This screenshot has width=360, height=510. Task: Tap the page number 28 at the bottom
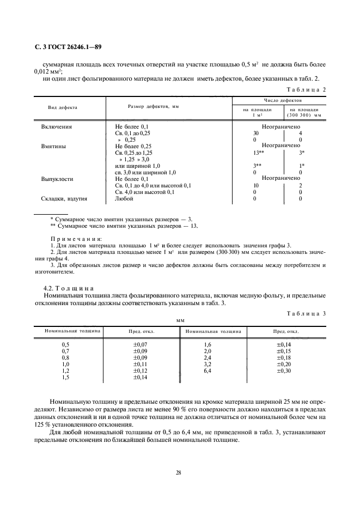click(178, 473)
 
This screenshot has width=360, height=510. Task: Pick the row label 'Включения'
click(57, 126)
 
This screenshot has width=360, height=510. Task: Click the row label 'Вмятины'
click(54, 146)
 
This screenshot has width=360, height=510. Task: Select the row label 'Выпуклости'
click(57, 179)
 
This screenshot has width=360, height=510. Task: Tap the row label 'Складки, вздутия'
click(64, 199)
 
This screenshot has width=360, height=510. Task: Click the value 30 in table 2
click(256, 133)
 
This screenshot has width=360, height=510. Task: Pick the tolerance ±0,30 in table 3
click(284, 371)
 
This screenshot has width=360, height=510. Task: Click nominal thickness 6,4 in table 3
click(208, 371)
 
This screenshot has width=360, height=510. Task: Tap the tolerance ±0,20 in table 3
click(284, 364)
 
